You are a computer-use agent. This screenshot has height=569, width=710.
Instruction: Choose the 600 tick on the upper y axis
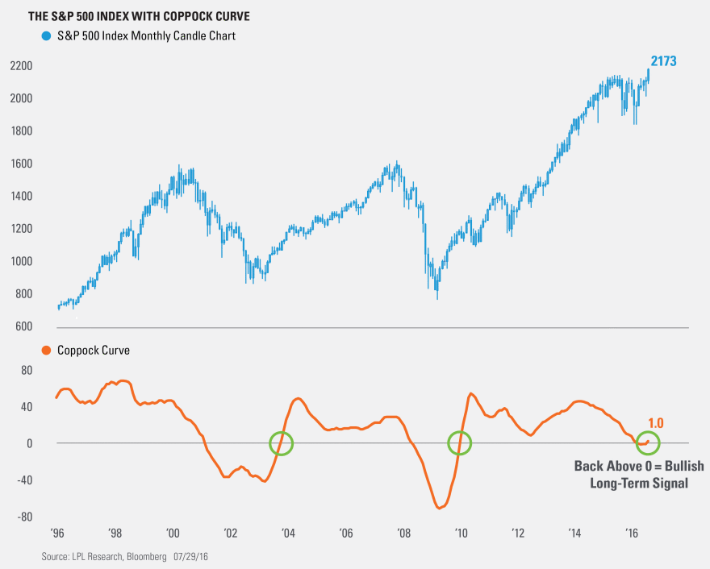[x=23, y=326]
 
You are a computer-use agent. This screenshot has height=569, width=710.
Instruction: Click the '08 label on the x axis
[x=403, y=533]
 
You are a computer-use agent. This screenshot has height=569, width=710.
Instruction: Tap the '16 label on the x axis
[x=633, y=533]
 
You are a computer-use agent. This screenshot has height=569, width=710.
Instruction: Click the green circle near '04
[x=281, y=442]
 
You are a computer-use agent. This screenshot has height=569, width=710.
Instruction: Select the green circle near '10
[x=459, y=442]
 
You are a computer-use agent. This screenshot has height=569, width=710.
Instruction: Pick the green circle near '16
[x=648, y=442]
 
